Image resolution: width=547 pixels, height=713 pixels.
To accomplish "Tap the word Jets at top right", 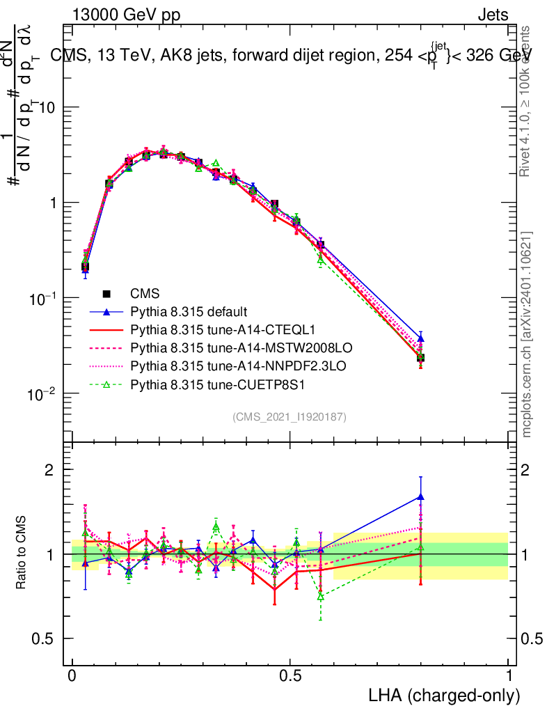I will [x=493, y=15].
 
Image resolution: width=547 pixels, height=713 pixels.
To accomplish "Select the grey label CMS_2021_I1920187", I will [x=290, y=416].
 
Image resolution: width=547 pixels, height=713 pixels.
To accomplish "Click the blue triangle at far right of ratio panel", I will [x=420, y=497].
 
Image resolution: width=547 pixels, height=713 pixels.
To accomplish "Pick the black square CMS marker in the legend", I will [x=106, y=294].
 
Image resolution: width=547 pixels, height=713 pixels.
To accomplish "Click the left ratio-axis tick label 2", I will [x=49, y=470].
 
